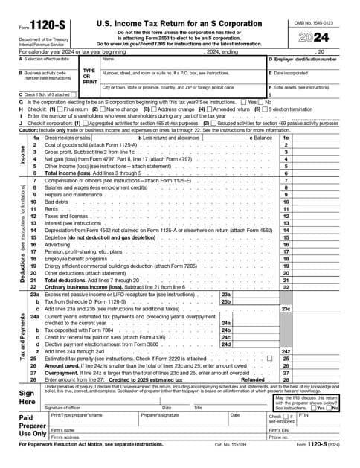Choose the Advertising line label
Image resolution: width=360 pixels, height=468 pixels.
point(59,244)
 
